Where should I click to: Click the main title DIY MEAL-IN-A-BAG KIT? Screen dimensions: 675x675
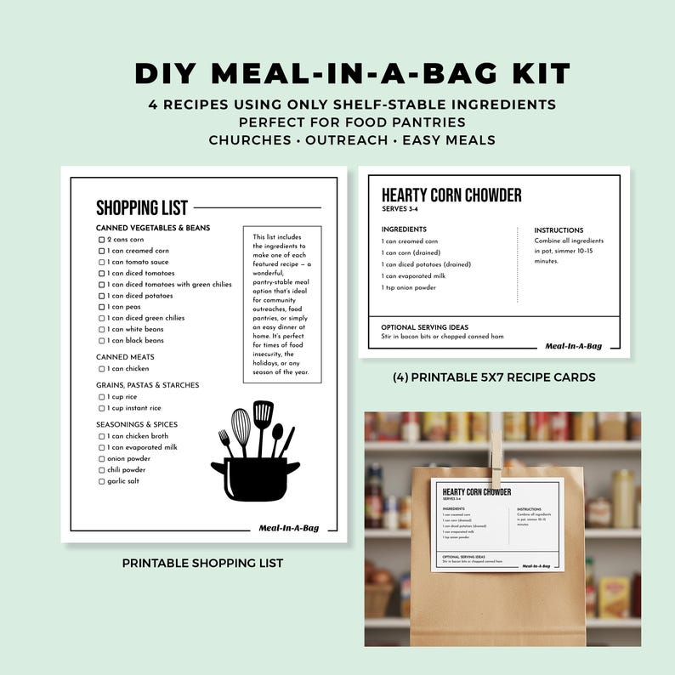click(337, 73)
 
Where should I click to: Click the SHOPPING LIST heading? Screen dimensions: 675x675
click(142, 208)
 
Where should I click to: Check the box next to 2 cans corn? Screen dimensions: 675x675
click(102, 240)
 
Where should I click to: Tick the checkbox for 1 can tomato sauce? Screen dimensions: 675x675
click(102, 263)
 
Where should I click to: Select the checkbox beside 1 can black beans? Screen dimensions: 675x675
click(102, 340)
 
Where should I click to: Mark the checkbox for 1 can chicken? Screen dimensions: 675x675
click(102, 369)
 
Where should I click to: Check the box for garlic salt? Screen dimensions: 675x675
click(102, 481)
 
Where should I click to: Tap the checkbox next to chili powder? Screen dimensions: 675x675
click(102, 470)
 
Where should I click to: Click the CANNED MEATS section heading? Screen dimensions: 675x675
click(125, 357)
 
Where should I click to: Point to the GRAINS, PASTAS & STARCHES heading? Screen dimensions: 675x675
click(147, 385)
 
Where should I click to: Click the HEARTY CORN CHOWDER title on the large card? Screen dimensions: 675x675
click(451, 196)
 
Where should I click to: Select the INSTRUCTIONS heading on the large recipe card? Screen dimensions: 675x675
click(559, 230)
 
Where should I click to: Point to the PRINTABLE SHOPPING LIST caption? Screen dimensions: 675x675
click(202, 563)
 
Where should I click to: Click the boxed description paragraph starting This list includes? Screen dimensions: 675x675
click(281, 304)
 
